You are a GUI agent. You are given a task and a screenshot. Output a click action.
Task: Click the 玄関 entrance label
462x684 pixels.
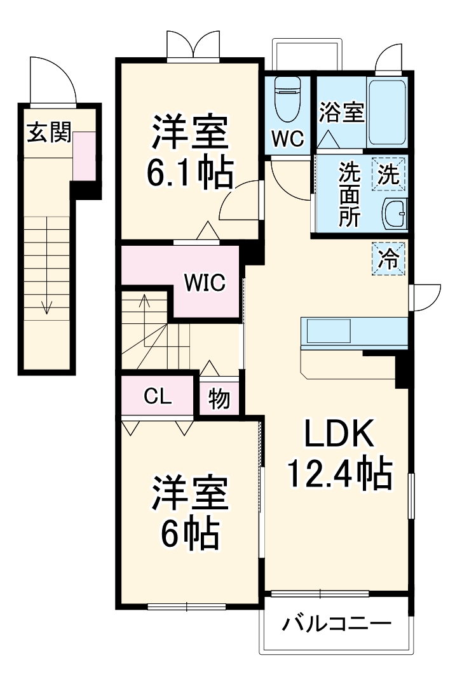point(48,134)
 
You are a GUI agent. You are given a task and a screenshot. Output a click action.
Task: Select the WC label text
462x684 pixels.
point(288,139)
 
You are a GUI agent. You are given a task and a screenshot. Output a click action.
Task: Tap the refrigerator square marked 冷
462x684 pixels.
point(388,259)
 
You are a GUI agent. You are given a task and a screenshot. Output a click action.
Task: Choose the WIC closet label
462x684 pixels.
point(205,283)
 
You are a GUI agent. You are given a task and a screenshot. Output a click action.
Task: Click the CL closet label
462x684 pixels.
point(157,397)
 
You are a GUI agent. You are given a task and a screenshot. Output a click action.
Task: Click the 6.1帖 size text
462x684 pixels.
point(189,171)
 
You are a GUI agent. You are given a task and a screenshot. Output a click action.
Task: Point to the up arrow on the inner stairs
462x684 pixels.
point(146,302)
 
